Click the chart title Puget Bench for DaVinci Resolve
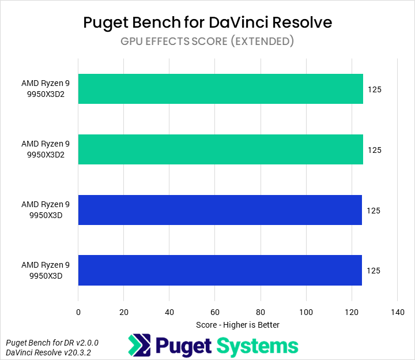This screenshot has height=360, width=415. pos(207,22)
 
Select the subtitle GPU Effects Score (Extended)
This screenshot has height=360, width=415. pos(207,42)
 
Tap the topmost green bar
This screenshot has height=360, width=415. pos(220,89)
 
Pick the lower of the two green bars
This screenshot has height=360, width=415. pos(220,149)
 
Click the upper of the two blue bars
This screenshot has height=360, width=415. pos(220,210)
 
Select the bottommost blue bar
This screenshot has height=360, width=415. pos(220,270)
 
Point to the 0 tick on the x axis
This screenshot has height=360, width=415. pos(78,312)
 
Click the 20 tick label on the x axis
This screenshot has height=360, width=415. pos(123,312)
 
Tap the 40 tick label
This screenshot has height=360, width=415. pos(169,312)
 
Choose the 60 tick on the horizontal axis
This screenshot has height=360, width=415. pos(214,312)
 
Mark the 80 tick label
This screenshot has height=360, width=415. pos(260,312)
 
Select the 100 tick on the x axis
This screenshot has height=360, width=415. pos(305,312)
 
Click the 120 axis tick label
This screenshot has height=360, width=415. pos(351,312)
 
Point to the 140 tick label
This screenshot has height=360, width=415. pos(397,312)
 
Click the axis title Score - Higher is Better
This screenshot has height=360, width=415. pos(237,325)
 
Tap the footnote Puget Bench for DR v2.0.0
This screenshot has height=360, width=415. pos(52,342)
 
